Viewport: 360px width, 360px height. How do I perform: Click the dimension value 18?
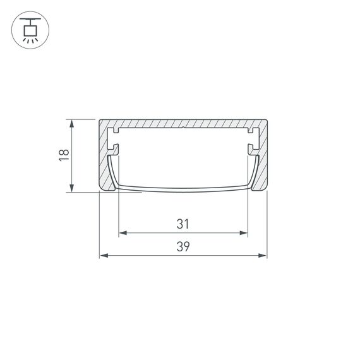(x=64, y=156)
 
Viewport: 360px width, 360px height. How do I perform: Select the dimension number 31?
(x=183, y=224)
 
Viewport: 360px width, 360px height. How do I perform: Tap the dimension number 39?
(x=183, y=247)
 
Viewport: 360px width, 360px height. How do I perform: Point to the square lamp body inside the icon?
(x=29, y=28)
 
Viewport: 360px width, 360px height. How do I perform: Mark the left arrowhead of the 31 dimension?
(x=122, y=233)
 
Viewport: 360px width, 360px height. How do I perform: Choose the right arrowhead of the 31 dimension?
(x=244, y=233)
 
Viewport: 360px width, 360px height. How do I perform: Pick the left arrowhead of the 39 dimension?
(x=103, y=256)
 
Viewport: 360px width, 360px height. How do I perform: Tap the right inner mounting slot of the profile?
(x=251, y=140)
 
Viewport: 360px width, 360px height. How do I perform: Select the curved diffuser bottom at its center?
(x=183, y=188)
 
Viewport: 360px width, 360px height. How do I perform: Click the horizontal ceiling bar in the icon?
(x=29, y=20)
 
